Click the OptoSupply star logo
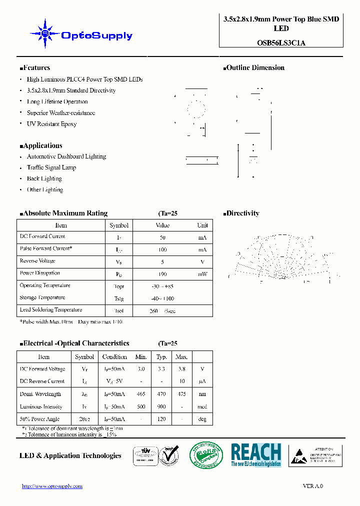point(45,34)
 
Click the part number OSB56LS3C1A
point(281,42)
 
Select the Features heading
point(34,68)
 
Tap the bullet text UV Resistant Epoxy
point(51,124)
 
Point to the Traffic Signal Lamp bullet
point(51,167)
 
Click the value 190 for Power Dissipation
point(162,274)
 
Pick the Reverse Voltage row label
point(37,261)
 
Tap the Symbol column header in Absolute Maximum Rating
point(119,225)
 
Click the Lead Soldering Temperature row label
point(50,310)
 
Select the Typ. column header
point(161,357)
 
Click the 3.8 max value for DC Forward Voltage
point(181,369)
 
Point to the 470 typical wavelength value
point(161,394)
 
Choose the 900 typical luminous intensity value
point(161,406)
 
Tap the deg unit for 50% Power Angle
point(202,419)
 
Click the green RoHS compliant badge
point(202,455)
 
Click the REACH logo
point(256,455)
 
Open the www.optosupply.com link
point(52,486)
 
